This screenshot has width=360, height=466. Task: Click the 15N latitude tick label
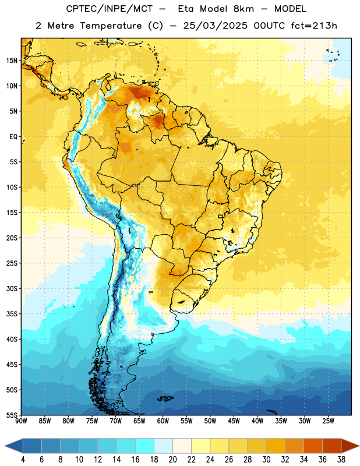pos(12,61)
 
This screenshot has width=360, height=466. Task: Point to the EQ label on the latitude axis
pos(13,137)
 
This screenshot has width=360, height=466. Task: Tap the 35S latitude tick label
pos(12,314)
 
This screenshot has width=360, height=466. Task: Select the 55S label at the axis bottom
pos(12,415)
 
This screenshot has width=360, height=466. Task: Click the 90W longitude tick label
pos(22,421)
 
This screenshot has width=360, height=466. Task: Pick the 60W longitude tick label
pos(163,421)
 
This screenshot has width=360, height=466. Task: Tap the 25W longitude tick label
pos(328,421)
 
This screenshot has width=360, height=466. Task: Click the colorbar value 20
pos(172,460)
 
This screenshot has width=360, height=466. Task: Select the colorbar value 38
pos(341,460)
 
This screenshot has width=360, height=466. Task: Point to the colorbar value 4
pos(23,460)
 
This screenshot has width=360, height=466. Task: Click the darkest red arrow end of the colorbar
pos(350,446)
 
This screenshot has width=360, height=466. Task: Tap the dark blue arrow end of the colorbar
pos(14,446)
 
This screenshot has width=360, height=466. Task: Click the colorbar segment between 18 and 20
pos(163,446)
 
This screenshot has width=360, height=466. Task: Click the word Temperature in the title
pos(111,26)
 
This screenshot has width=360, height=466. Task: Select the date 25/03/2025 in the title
pos(215,26)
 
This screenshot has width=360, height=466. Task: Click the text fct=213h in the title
pos(314,26)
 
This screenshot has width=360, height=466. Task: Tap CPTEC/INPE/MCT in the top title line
pos(109,9)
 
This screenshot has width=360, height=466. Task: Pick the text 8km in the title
pos(243,9)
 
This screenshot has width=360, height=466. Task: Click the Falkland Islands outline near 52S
pos(165,398)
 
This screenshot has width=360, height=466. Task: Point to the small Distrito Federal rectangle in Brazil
pos(221,216)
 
